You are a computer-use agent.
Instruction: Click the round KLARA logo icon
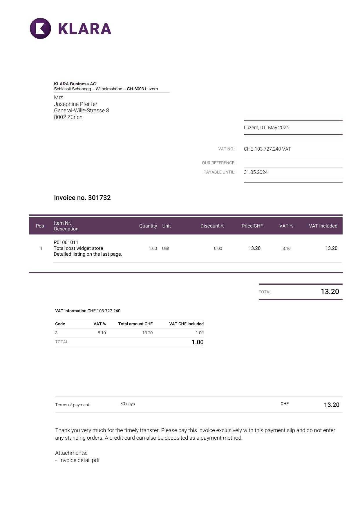coord(40,28)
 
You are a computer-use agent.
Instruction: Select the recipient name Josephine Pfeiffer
coord(75,104)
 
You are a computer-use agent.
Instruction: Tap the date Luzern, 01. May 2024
coord(266,127)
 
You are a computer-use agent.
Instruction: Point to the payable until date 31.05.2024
coord(256,172)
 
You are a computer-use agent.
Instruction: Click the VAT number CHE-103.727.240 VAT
coord(267,149)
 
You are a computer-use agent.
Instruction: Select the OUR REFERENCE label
coord(218,163)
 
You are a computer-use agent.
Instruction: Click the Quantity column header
coord(148,226)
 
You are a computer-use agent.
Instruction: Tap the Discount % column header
coord(212,226)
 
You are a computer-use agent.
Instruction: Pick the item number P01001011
coord(66,242)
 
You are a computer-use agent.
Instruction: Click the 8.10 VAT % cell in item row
coord(286,248)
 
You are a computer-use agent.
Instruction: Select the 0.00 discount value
coord(218,248)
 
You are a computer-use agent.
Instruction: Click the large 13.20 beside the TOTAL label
coord(330,292)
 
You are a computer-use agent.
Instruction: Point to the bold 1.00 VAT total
coord(197,342)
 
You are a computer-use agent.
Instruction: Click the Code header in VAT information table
coord(60,324)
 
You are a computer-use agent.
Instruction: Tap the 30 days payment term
coord(127,404)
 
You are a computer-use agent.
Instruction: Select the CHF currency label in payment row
coord(284,404)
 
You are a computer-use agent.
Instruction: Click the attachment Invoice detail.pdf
coord(79,460)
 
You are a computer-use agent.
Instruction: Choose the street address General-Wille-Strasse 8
coord(81,111)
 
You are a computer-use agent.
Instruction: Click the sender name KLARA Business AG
coord(75,84)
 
